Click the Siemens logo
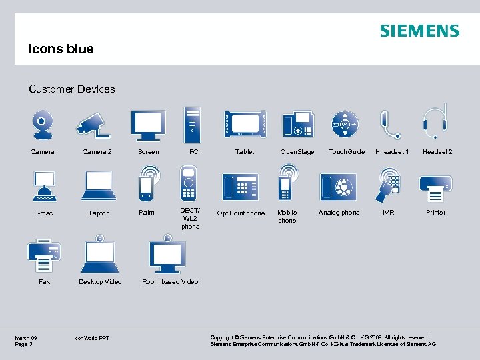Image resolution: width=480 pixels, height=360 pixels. [419, 31]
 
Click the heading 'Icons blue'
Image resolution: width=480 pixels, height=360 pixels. [61, 49]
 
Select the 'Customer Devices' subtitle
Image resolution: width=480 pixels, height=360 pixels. [72, 89]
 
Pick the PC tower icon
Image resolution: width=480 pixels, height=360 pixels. [192, 123]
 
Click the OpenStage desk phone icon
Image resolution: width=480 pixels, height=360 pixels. [297, 124]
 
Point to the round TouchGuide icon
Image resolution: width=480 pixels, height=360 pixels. [345, 124]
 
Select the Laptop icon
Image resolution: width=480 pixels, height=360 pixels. [99, 185]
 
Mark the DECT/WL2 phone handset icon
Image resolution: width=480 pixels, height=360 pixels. [189, 182]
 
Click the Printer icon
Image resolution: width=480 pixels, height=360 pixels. [435, 186]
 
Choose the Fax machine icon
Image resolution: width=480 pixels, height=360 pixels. [44, 253]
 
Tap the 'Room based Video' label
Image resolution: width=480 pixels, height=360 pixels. [170, 282]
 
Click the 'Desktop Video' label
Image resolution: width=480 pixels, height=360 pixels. [100, 282]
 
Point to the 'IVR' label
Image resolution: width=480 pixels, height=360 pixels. [388, 213]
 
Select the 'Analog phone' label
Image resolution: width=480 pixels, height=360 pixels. [339, 213]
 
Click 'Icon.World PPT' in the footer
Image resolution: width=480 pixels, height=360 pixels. [92, 338]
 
